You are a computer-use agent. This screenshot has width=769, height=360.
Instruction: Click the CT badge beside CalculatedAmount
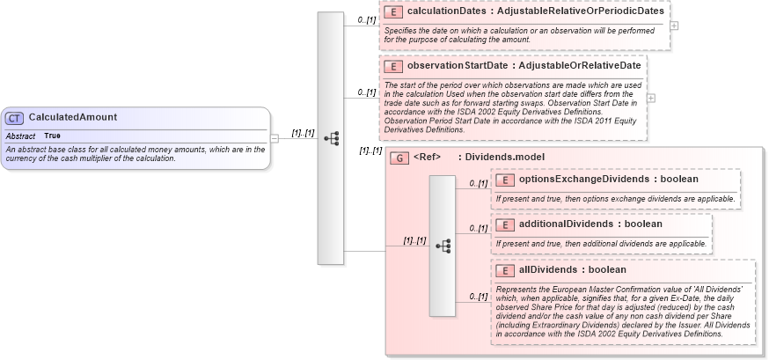[15, 118]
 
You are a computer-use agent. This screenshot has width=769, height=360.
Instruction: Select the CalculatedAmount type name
[72, 117]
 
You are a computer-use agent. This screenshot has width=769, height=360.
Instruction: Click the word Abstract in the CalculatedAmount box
[20, 136]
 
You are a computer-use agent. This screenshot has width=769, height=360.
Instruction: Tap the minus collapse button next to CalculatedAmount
[275, 138]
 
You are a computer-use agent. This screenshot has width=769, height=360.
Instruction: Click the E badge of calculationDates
[394, 12]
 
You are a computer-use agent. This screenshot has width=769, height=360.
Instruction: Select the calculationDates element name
[447, 12]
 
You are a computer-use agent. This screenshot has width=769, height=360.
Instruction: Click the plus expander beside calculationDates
[674, 26]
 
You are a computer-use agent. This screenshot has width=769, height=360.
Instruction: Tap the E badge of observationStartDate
[394, 65]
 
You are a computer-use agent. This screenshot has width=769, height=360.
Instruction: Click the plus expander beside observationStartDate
[651, 98]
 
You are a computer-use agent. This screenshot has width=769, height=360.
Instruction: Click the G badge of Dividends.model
[399, 158]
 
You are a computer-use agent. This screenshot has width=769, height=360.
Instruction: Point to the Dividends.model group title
[504, 158]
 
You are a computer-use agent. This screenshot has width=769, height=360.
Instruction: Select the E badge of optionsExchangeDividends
[506, 180]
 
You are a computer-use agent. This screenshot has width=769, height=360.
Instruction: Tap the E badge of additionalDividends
[506, 224]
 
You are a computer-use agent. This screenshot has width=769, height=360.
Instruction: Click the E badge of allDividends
[506, 270]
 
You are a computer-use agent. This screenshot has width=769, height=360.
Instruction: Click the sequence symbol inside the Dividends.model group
[443, 246]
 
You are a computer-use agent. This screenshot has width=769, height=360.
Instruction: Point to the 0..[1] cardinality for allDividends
[478, 297]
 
